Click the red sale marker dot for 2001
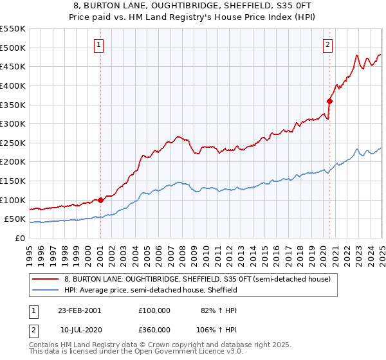tap(100, 200)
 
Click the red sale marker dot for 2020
tap(329, 101)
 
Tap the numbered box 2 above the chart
tap(328, 44)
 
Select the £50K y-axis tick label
tap(15, 219)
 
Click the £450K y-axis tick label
tap(13, 66)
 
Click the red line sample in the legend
tap(46, 279)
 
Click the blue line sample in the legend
tap(46, 290)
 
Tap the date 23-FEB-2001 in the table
tap(79, 310)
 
